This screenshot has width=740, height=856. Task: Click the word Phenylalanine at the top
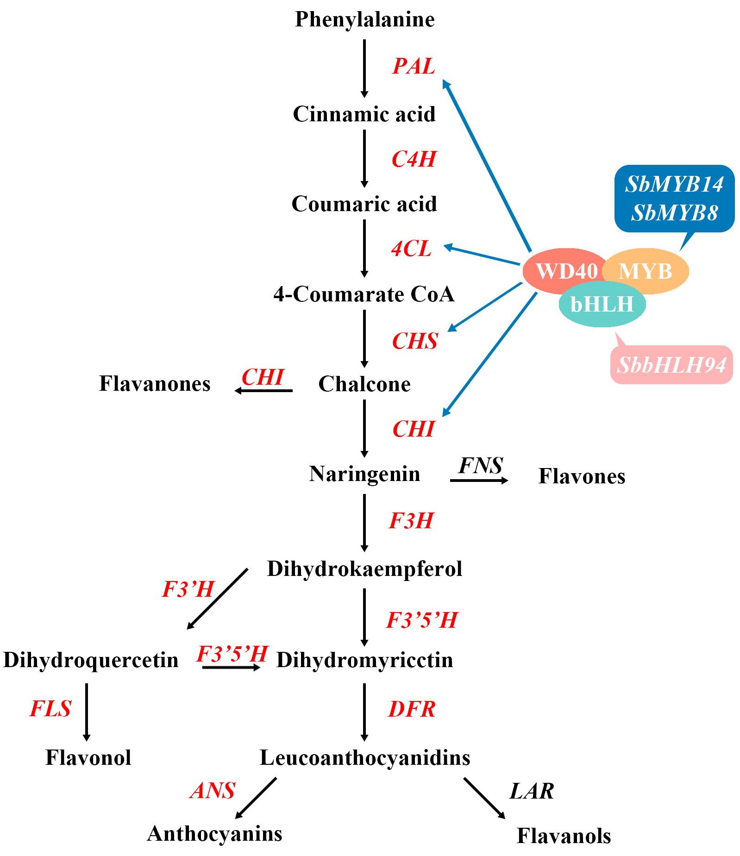[364, 19]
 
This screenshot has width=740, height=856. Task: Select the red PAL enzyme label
[414, 66]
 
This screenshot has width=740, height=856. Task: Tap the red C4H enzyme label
[414, 159]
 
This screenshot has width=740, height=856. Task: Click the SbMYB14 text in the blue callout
[674, 184]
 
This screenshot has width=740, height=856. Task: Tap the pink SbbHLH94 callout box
[671, 365]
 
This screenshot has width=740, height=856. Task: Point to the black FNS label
[480, 466]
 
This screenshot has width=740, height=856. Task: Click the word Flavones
[582, 476]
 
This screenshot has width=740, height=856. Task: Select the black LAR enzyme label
[532, 791]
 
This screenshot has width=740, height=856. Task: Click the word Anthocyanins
[214, 834]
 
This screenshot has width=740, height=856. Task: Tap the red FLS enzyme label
[50, 709]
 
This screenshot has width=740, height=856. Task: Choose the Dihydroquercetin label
[91, 660]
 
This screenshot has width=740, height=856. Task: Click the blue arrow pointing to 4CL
[482, 255]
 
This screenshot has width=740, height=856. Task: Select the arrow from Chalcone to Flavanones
[263, 391]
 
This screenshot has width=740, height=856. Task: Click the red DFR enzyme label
[412, 709]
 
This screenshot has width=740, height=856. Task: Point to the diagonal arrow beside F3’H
[217, 599]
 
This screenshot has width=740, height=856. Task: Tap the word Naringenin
[364, 474]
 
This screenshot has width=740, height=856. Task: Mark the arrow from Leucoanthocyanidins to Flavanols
[484, 798]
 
